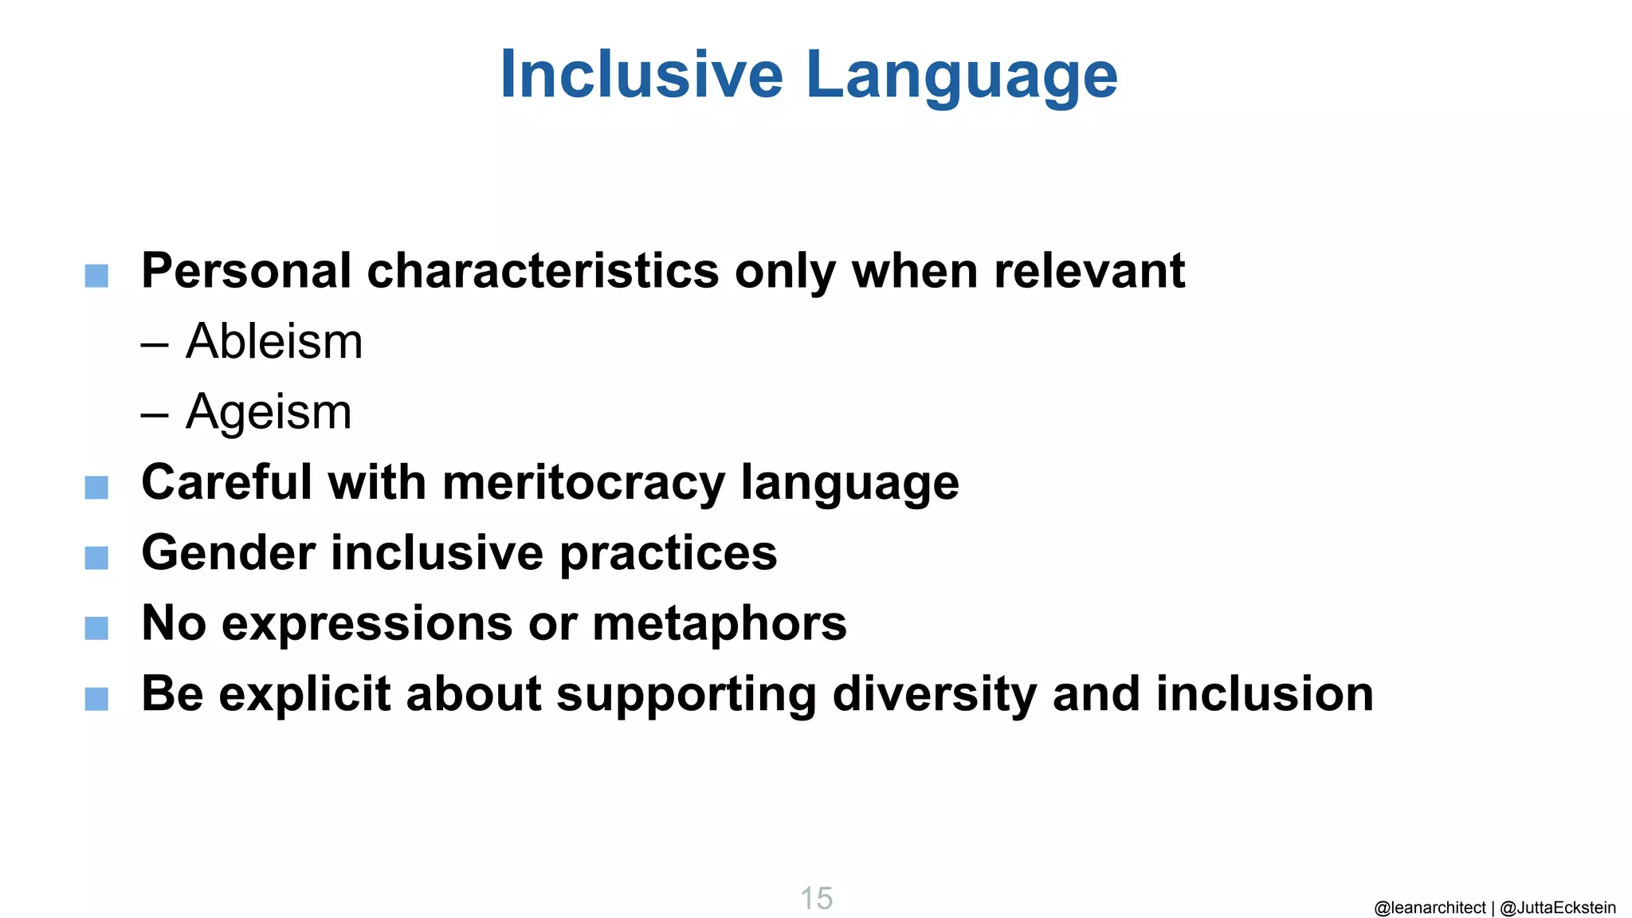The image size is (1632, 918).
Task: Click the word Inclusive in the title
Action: point(641,75)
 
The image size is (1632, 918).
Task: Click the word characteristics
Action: point(543,271)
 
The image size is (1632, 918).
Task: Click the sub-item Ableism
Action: point(274,342)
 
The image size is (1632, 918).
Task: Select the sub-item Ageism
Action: point(269,413)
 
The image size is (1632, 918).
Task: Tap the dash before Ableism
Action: point(155,343)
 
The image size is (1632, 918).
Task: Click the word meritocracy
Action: point(583,483)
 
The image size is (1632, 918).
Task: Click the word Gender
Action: point(228,553)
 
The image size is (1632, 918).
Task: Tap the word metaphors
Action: point(720,624)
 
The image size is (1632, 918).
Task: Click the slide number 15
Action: point(816,899)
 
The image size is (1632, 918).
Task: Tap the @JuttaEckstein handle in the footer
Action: point(1558,908)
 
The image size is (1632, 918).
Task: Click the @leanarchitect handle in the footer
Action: point(1430,908)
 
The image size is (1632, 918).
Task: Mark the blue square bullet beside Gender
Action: point(96,558)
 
